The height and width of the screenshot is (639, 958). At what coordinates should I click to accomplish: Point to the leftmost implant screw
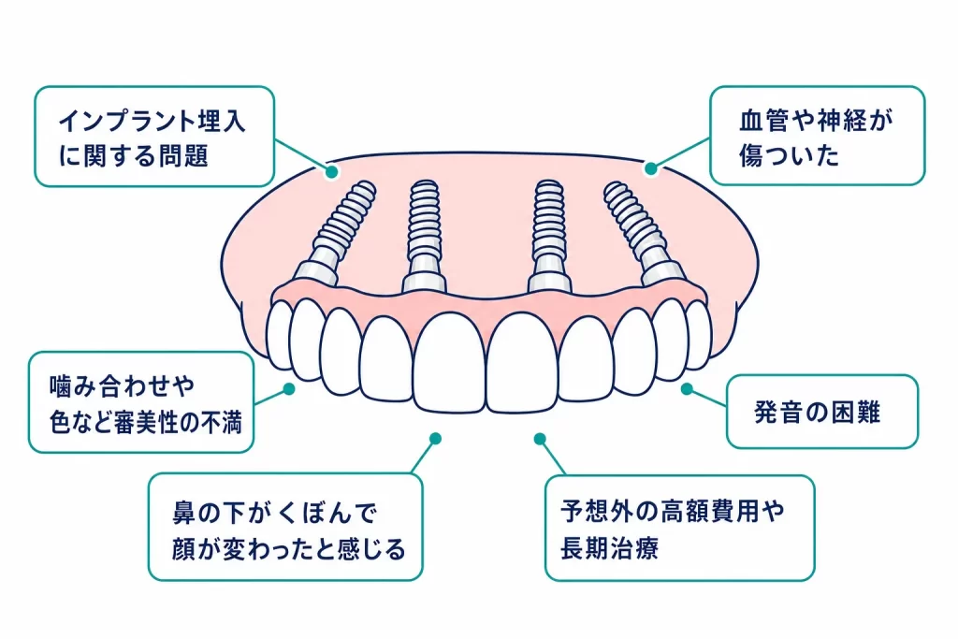(336, 232)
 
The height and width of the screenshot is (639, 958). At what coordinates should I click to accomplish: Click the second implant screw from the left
(424, 235)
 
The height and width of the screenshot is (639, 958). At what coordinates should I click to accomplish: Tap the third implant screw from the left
(549, 235)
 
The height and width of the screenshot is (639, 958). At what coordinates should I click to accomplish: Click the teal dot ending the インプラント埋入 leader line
(332, 171)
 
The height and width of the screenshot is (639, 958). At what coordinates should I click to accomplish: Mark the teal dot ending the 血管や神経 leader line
(651, 168)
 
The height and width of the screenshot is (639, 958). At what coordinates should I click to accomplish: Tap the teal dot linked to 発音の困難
(687, 388)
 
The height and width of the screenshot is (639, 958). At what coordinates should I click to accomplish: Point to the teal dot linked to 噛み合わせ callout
(289, 388)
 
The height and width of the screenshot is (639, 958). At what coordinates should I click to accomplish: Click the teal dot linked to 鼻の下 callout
(436, 439)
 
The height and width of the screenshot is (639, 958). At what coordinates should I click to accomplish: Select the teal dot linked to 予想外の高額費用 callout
(540, 439)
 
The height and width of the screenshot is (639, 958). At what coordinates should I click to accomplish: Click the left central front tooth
(449, 364)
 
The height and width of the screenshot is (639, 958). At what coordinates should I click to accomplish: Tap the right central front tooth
(523, 364)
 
